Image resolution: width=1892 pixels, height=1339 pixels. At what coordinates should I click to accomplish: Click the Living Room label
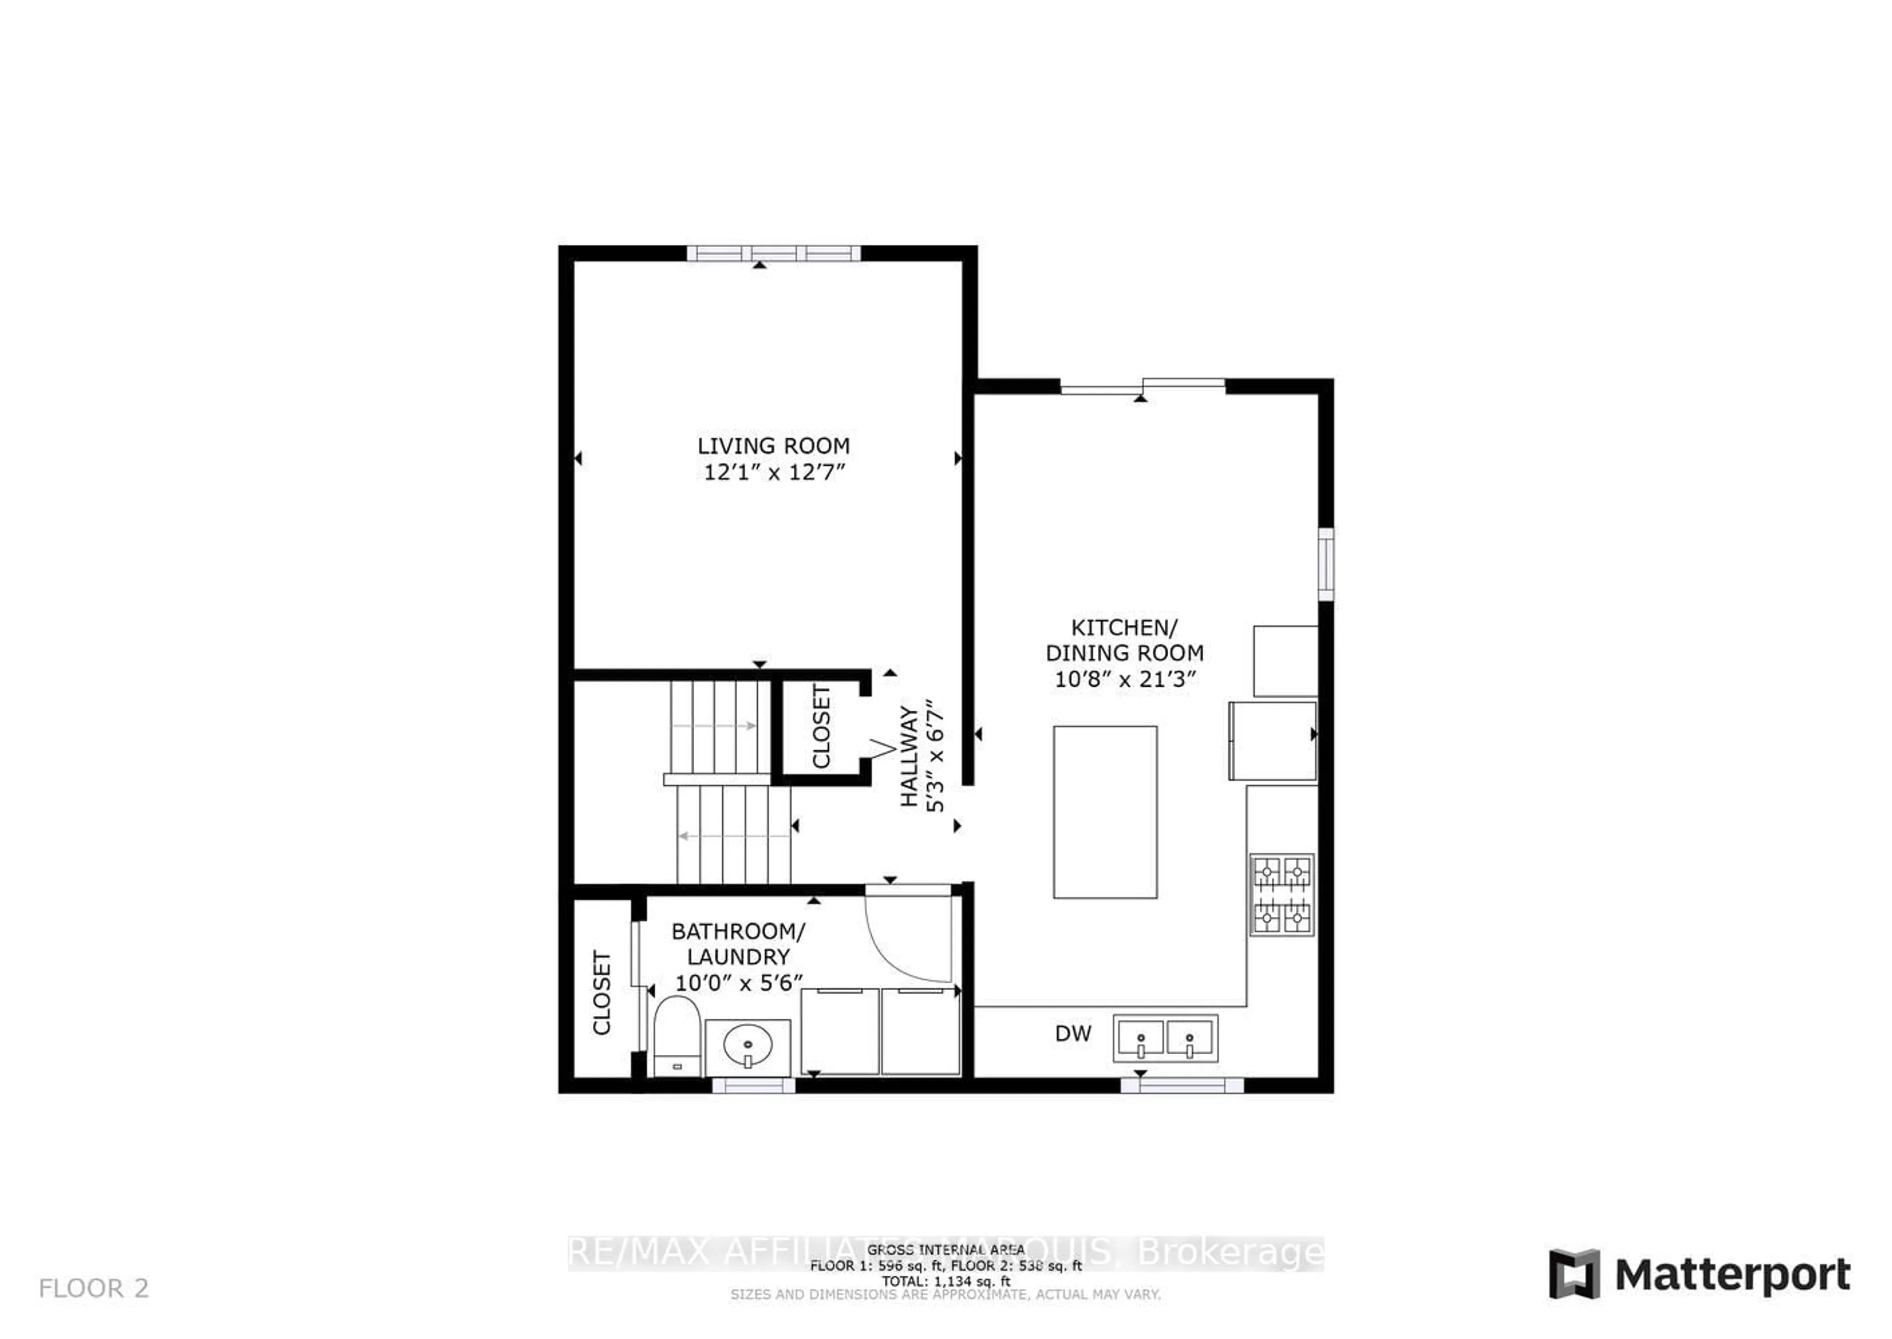click(x=773, y=446)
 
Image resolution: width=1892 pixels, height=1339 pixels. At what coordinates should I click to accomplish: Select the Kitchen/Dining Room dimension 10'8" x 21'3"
click(x=1124, y=679)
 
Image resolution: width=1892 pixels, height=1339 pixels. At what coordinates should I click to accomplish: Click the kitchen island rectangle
click(x=1105, y=812)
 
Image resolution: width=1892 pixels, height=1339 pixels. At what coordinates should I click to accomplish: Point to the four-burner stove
click(x=1281, y=895)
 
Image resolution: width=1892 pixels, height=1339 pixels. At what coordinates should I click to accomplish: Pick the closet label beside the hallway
click(x=822, y=726)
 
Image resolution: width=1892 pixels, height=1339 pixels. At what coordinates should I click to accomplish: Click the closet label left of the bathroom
click(x=602, y=993)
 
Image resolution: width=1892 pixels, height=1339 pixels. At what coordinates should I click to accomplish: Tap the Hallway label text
click(x=909, y=756)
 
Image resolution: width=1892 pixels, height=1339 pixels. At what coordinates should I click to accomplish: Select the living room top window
click(x=773, y=253)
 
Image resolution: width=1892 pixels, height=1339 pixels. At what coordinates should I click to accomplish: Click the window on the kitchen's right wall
click(x=1326, y=565)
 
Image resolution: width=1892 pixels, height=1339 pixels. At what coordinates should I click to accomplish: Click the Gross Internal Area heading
click(x=946, y=1250)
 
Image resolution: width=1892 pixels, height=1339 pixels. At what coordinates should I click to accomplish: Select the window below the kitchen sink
click(x=1182, y=1085)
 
